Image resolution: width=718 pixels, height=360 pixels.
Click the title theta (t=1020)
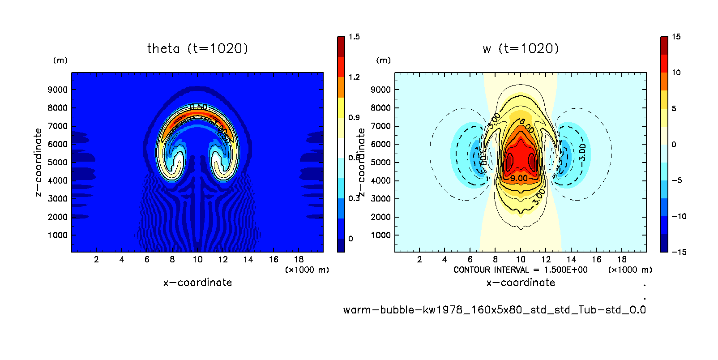[x=197, y=48]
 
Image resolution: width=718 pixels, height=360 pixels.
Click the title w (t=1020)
[x=521, y=48]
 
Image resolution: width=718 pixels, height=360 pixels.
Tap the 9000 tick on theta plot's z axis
[x=58, y=90]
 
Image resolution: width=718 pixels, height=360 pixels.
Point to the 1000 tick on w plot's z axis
[x=380, y=235]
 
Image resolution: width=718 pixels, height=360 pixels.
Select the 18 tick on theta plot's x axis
[x=299, y=259]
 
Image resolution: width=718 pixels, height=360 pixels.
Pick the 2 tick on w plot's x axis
[x=419, y=259]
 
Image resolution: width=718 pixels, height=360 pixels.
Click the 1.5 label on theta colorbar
[x=354, y=37]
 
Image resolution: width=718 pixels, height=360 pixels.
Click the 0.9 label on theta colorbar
[x=354, y=117]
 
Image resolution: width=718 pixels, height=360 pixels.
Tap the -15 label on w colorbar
[x=679, y=252]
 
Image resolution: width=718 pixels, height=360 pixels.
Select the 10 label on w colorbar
[x=676, y=73]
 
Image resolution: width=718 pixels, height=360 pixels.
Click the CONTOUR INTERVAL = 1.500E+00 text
[x=520, y=270]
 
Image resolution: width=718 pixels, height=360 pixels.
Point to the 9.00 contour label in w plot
[x=519, y=178]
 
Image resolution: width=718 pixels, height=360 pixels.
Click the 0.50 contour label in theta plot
[x=198, y=107]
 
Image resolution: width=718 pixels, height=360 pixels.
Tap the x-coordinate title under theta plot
[x=197, y=283]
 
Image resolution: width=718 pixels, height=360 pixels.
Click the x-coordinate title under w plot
[x=521, y=283]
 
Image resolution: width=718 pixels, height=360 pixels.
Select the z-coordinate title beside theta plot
[x=38, y=162]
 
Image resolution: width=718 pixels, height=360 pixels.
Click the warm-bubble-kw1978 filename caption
[x=494, y=310]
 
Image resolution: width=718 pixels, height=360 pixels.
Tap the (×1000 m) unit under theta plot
[x=307, y=270]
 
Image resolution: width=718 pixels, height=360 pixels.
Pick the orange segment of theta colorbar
[x=341, y=87]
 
